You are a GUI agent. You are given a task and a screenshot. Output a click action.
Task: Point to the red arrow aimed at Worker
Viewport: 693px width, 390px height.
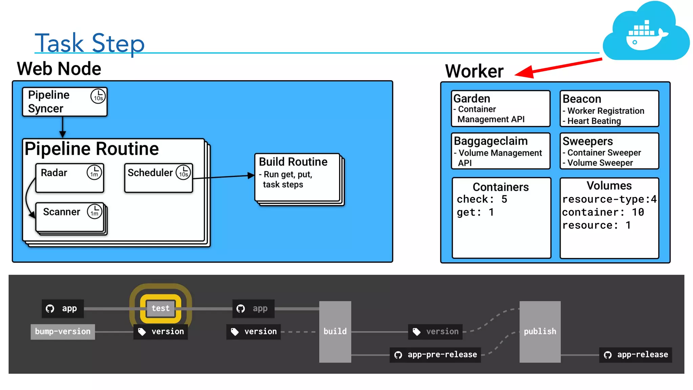point(558,66)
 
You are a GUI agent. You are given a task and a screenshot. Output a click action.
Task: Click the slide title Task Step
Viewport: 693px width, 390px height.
point(90,43)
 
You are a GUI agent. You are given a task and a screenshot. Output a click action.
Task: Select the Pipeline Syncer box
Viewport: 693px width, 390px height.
point(64,102)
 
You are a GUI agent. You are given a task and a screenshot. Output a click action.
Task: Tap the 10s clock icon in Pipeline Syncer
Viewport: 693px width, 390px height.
point(98,96)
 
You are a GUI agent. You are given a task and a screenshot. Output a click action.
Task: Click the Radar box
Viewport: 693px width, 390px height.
point(69,178)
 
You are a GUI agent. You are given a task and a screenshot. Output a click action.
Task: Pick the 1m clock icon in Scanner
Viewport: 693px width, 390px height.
point(94,212)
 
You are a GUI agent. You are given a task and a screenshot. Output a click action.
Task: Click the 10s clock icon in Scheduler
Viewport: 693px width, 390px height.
point(183,172)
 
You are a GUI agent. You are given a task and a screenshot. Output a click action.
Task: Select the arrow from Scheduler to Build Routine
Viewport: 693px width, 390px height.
point(223,177)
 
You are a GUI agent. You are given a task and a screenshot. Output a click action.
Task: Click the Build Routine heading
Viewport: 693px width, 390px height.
point(293,162)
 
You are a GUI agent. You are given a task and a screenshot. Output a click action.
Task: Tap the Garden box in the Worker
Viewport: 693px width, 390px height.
point(500,109)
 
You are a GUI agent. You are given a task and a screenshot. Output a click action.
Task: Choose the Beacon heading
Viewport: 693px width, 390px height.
point(582,99)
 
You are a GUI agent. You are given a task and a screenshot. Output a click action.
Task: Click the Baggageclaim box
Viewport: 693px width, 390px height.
point(500,151)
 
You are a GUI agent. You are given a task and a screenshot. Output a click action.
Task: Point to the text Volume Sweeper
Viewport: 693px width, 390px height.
point(600,163)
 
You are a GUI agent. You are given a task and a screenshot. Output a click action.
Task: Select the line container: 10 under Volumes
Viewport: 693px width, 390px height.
point(603,212)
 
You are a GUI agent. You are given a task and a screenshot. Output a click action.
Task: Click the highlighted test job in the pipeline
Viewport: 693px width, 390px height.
point(161,308)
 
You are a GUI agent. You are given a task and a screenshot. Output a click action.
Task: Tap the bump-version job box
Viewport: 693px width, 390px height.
point(63,331)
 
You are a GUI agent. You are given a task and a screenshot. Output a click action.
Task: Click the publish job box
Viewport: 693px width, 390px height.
point(540,331)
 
